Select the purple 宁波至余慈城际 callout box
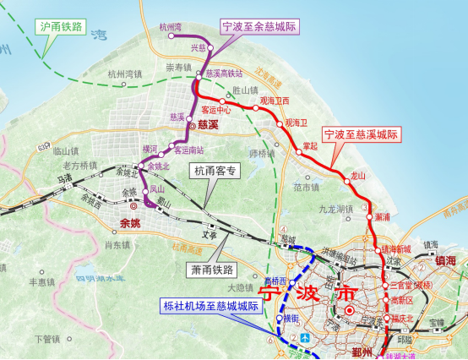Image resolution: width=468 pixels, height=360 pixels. point(262,26)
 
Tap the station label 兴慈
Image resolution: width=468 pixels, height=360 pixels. point(198,47)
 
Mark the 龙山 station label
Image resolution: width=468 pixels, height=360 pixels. point(358,176)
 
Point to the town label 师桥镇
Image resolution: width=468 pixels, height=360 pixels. point(263,154)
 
